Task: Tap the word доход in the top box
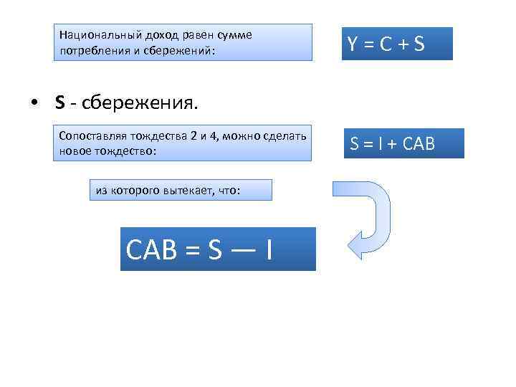coord(142,34)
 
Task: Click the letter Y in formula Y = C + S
coord(353,44)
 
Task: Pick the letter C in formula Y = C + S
coord(385,44)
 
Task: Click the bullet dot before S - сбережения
coord(34,102)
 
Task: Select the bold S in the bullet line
coord(59,102)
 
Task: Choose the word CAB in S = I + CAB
coord(419,144)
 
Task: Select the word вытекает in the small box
coord(176,190)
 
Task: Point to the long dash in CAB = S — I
coord(241,249)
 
